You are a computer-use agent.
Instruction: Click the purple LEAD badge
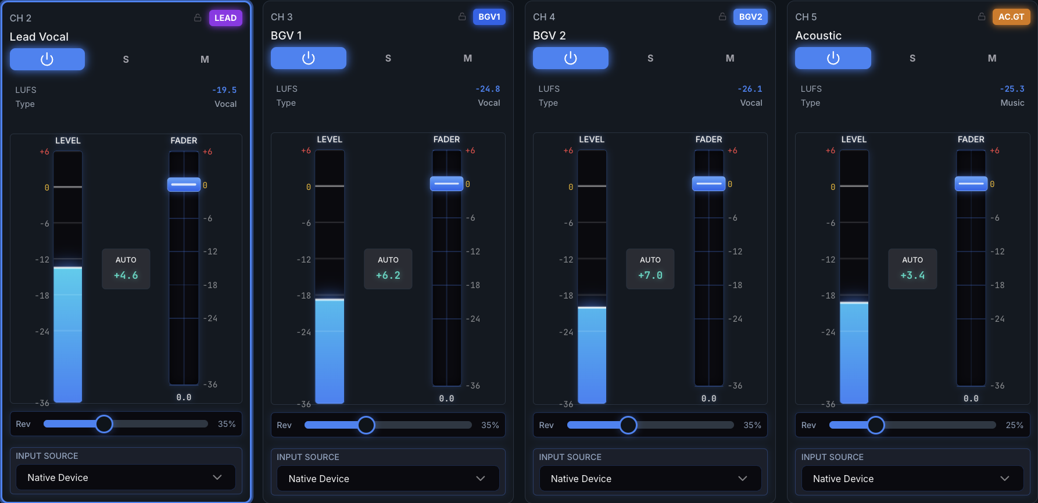[226, 18]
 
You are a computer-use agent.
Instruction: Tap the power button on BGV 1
[309, 58]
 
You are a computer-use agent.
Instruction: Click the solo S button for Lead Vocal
[126, 59]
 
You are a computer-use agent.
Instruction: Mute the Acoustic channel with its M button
[992, 58]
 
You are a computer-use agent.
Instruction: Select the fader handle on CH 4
[709, 184]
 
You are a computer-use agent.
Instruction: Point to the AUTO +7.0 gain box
[650, 269]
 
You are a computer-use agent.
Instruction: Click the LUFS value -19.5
[224, 90]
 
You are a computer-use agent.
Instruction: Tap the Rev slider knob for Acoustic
[876, 425]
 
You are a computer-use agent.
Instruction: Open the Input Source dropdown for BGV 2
[650, 479]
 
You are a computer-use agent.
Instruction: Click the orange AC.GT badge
[1011, 17]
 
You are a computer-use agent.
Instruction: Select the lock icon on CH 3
[462, 17]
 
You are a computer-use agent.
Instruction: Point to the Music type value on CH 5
[1012, 103]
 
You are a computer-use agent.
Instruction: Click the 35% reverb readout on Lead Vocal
[227, 424]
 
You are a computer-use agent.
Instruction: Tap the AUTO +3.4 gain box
[912, 269]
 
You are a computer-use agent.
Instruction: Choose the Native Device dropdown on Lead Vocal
[126, 477]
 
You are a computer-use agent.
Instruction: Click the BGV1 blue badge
[489, 17]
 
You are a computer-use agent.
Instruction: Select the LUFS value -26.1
[750, 89]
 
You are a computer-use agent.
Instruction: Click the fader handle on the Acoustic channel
[971, 184]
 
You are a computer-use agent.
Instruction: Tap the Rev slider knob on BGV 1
[366, 425]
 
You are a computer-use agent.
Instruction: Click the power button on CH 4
[571, 58]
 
